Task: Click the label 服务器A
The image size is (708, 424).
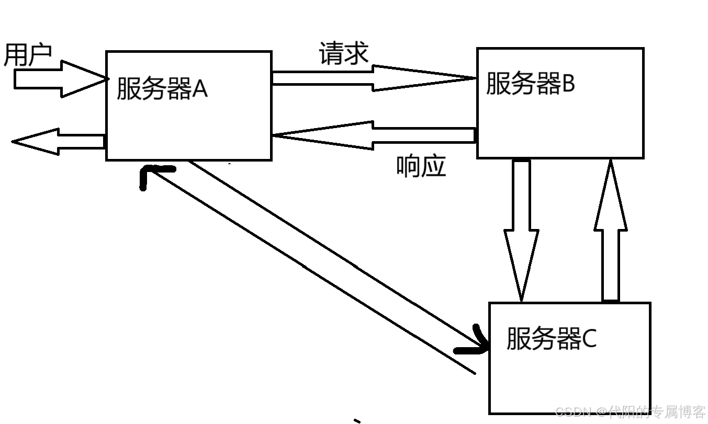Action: coord(162,88)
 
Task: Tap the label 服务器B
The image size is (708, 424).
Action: coord(531,83)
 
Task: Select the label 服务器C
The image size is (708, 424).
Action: coord(551,339)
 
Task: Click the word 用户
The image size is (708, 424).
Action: coord(28,55)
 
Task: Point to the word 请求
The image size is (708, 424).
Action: coord(344,54)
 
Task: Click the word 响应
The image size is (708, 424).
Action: coord(421,167)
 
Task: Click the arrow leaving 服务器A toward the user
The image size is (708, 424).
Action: coord(58,141)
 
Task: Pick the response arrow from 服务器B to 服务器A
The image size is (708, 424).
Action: coord(374,135)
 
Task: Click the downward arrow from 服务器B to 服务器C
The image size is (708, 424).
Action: coord(521,230)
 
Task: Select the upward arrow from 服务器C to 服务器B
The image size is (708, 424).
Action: coord(610,230)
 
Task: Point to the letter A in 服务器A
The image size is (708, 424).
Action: coord(200,89)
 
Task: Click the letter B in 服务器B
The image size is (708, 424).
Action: coord(568,84)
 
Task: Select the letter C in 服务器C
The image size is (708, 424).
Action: coord(589,339)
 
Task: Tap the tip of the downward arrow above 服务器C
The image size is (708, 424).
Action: coord(521,299)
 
